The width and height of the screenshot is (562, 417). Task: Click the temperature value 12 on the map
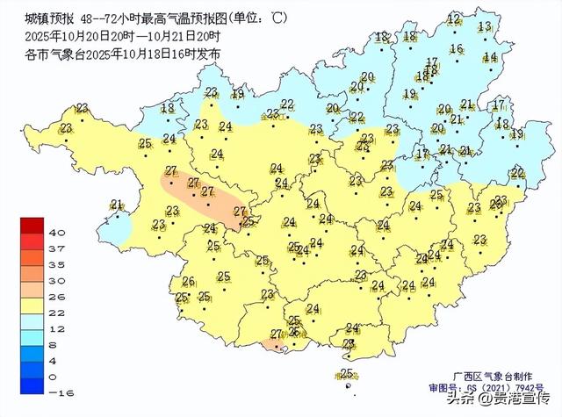454,19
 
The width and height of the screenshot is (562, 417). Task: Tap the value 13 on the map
485,27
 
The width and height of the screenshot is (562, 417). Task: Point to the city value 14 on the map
490,57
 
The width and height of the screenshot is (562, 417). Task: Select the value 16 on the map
456,49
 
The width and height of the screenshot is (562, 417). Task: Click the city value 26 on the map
187,281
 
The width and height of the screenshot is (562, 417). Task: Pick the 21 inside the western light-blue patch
117,205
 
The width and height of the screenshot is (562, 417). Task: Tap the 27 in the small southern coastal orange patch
276,334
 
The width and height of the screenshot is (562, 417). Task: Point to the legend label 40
57,233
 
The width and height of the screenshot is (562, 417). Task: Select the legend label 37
57,248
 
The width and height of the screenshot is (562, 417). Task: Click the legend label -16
55,392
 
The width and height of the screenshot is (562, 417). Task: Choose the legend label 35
57,264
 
